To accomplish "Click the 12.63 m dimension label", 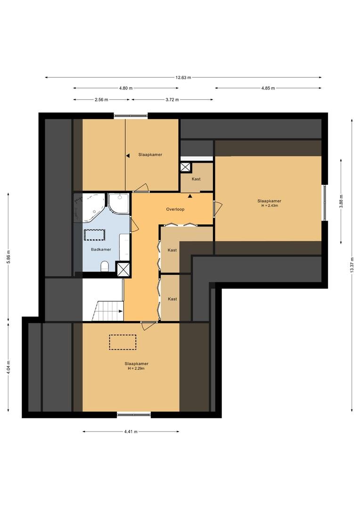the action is (x=183, y=78).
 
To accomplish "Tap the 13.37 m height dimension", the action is (x=352, y=265).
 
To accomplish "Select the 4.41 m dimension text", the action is (x=131, y=431).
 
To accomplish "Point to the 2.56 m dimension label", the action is (x=101, y=99).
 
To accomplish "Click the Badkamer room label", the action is (x=101, y=249).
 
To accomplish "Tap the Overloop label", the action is (x=175, y=209).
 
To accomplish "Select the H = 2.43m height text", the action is (x=270, y=205).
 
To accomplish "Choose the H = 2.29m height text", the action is (x=136, y=369).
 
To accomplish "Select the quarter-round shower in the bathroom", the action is (x=119, y=203).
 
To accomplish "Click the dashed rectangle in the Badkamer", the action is (x=94, y=235).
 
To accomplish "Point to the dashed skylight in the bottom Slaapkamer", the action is (x=123, y=342).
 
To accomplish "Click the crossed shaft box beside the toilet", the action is (x=123, y=269).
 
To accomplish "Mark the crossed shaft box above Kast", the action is (x=186, y=167).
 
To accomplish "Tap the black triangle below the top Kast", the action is (x=190, y=196).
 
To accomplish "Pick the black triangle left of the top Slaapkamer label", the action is (x=128, y=156).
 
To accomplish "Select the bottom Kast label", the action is (x=172, y=299).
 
